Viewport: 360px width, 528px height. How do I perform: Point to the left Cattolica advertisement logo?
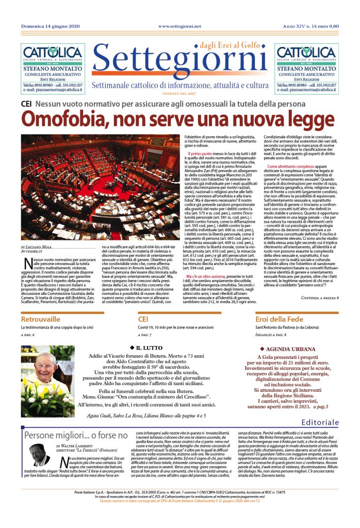pyautogui.click(x=51, y=54)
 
